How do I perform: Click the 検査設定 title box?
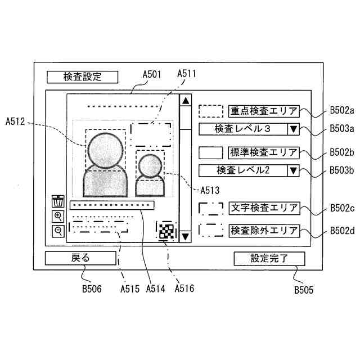coord(82,77)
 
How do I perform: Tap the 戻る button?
coord(80,258)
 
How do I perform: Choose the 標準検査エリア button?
coord(264,152)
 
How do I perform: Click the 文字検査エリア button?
coord(264,208)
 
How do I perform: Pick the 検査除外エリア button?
coord(264,230)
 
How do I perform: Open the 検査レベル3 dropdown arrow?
coord(293,129)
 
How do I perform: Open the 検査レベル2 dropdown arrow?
coord(293,170)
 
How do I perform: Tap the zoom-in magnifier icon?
coord(58,217)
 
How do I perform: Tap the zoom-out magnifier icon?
coord(58,231)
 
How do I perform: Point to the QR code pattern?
coord(165,231)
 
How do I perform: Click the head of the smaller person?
coord(150,165)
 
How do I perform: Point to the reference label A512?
coord(16,121)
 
